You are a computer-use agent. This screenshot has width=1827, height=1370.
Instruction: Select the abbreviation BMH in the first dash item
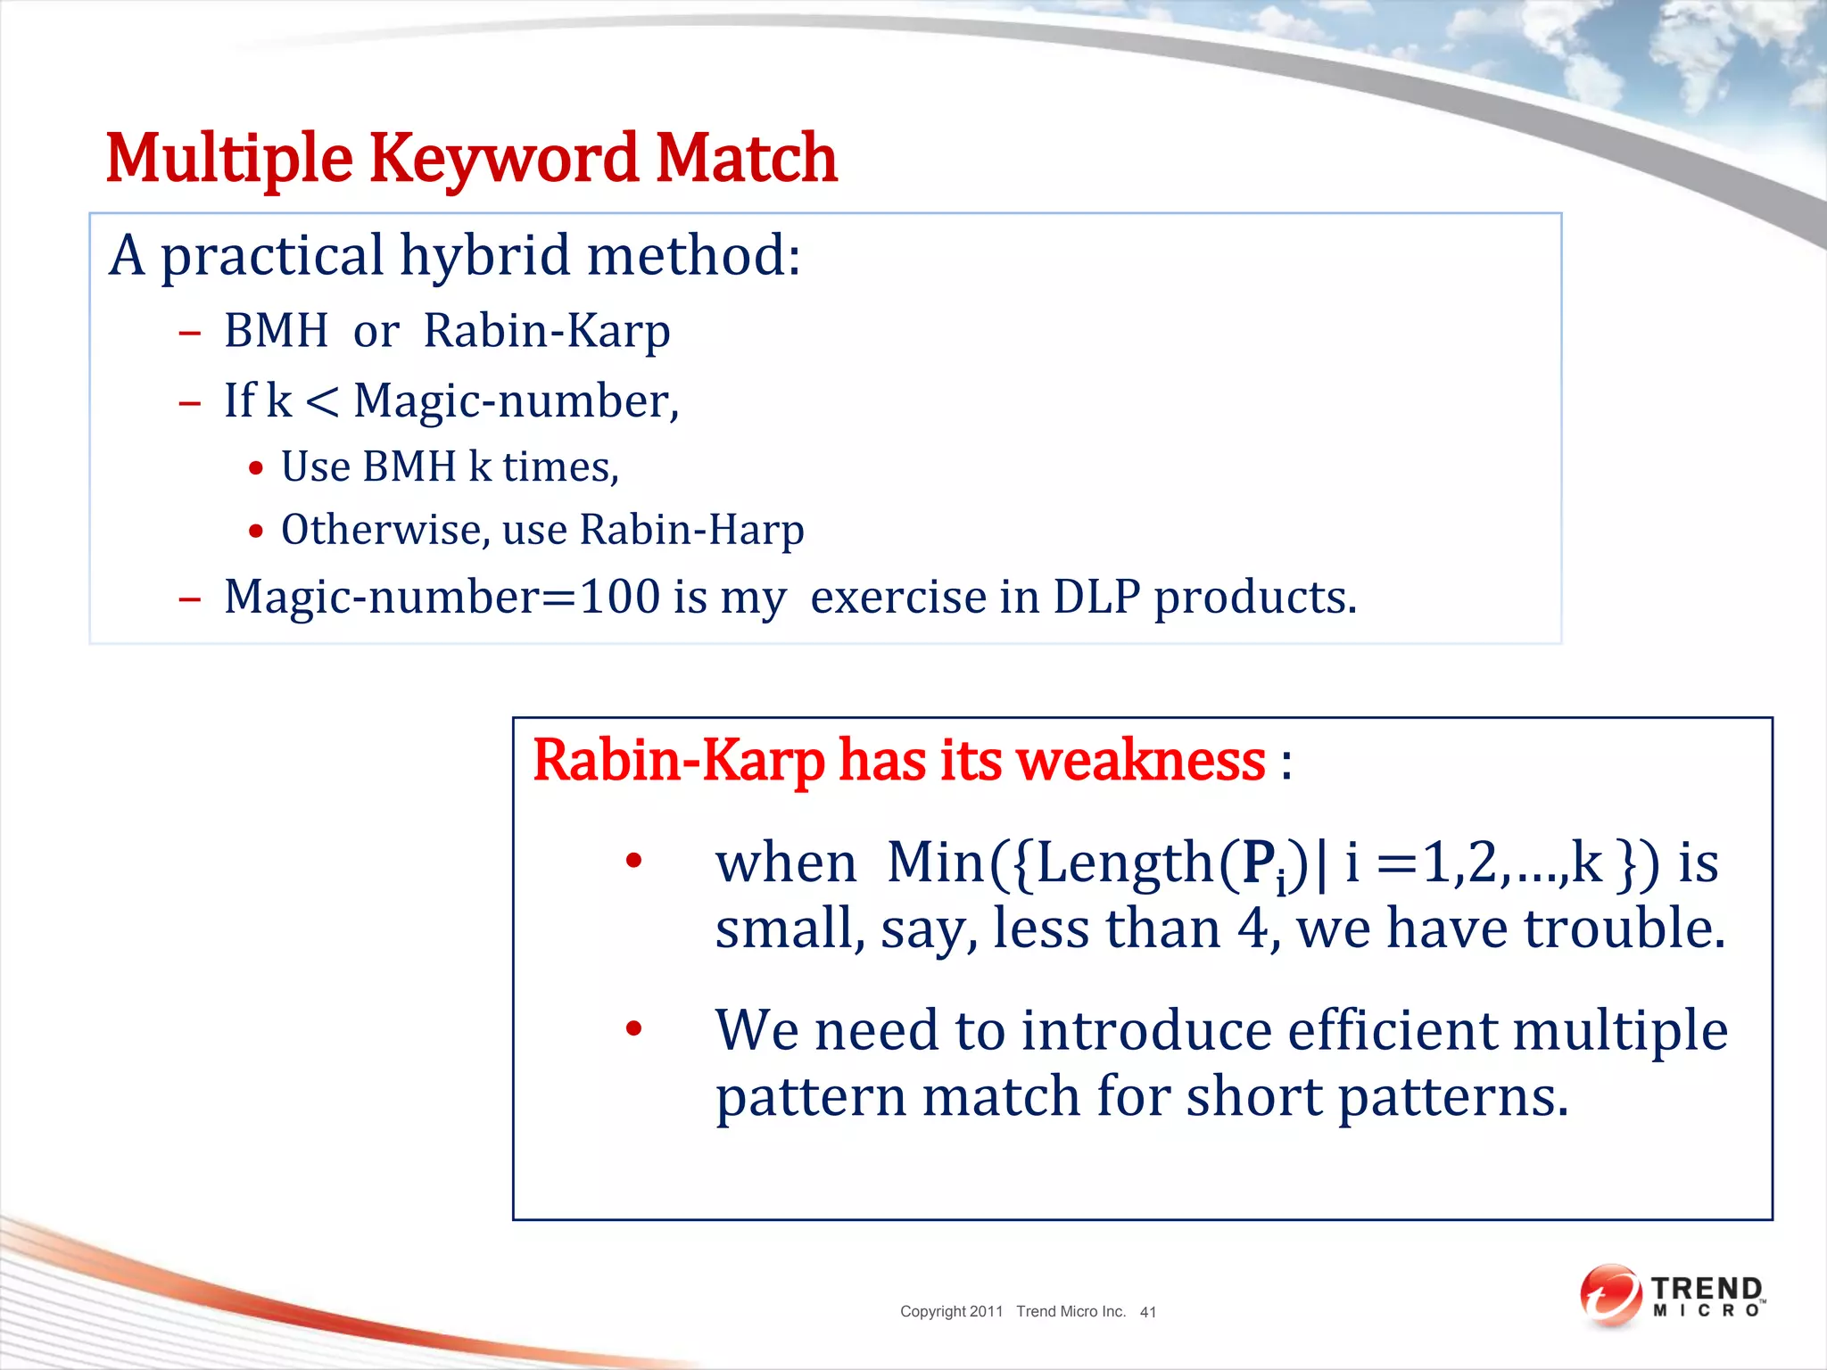276,331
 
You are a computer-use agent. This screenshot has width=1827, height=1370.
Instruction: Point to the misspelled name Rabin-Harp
691,530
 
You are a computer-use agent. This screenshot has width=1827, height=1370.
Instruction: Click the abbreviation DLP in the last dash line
1096,597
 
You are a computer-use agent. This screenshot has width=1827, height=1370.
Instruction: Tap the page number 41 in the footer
1147,1312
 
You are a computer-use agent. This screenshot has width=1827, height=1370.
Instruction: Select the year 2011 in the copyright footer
986,1311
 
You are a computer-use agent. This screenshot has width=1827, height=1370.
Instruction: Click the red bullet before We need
633,1029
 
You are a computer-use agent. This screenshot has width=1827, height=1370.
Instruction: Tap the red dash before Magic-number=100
189,598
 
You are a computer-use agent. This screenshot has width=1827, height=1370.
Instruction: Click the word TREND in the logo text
1706,1289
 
